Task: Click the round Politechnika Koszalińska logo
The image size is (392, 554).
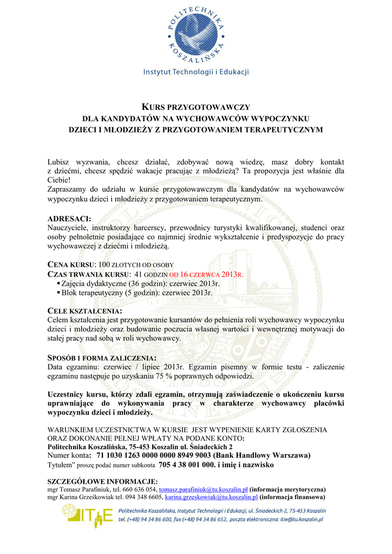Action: point(195,33)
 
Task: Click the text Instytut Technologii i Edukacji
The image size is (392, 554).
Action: point(195,72)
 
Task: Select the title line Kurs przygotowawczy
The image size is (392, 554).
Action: point(195,107)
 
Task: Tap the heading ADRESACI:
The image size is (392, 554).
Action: point(70,219)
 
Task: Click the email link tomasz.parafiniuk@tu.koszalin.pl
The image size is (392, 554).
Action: point(203,489)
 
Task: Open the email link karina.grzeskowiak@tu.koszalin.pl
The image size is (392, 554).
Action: point(212,497)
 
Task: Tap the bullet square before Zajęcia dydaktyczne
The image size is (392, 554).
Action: point(58,283)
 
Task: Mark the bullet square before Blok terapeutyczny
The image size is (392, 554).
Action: point(58,293)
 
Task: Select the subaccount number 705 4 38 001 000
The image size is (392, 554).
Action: point(187,465)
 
